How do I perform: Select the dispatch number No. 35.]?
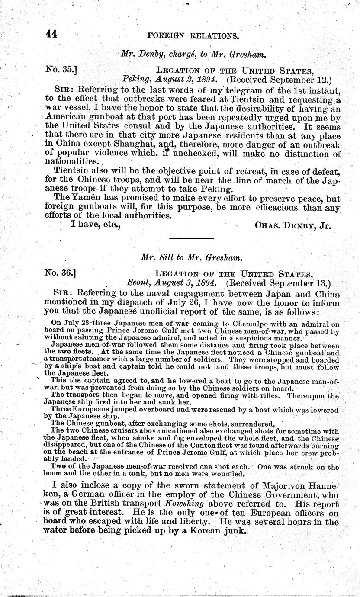[x=61, y=69]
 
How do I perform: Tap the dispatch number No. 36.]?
[x=61, y=274]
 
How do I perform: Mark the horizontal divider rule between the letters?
[x=191, y=238]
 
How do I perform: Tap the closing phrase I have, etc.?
[x=95, y=225]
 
